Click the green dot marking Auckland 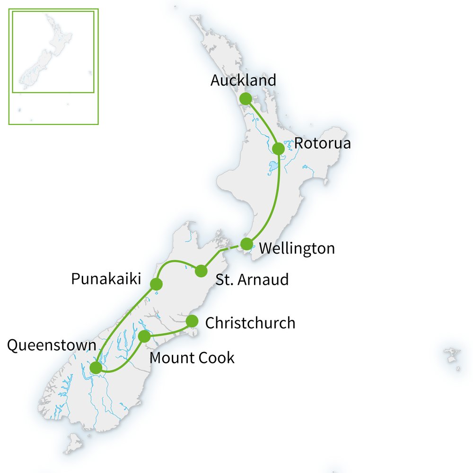(x=245, y=99)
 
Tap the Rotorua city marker (x=279, y=149)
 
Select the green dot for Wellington (x=246, y=244)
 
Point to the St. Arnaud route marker (x=201, y=271)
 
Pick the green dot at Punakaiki (x=156, y=284)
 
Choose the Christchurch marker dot (x=192, y=321)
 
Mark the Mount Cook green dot (x=145, y=336)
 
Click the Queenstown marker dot (x=96, y=368)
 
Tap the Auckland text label (x=243, y=80)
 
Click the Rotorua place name (x=323, y=143)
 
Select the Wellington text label (x=297, y=248)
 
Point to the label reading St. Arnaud (x=252, y=279)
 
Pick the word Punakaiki (x=106, y=279)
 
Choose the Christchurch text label (x=250, y=323)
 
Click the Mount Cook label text (x=192, y=358)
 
